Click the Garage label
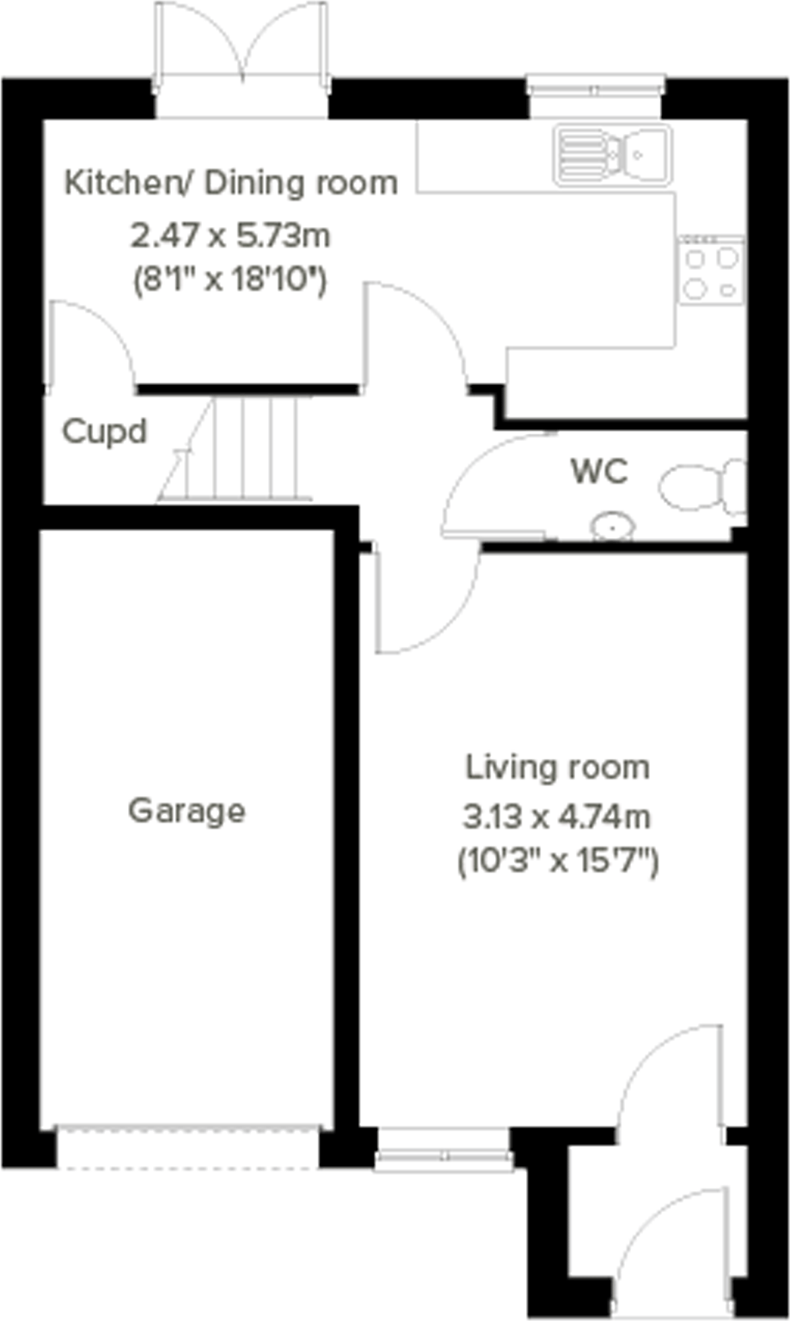187,811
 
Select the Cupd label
104,432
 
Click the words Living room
558,768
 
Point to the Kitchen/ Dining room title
231,183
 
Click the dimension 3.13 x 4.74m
556,817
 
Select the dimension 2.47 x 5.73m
230,236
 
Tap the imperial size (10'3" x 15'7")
558,861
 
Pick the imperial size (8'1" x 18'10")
230,279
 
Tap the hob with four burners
711,269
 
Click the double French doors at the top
241,61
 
